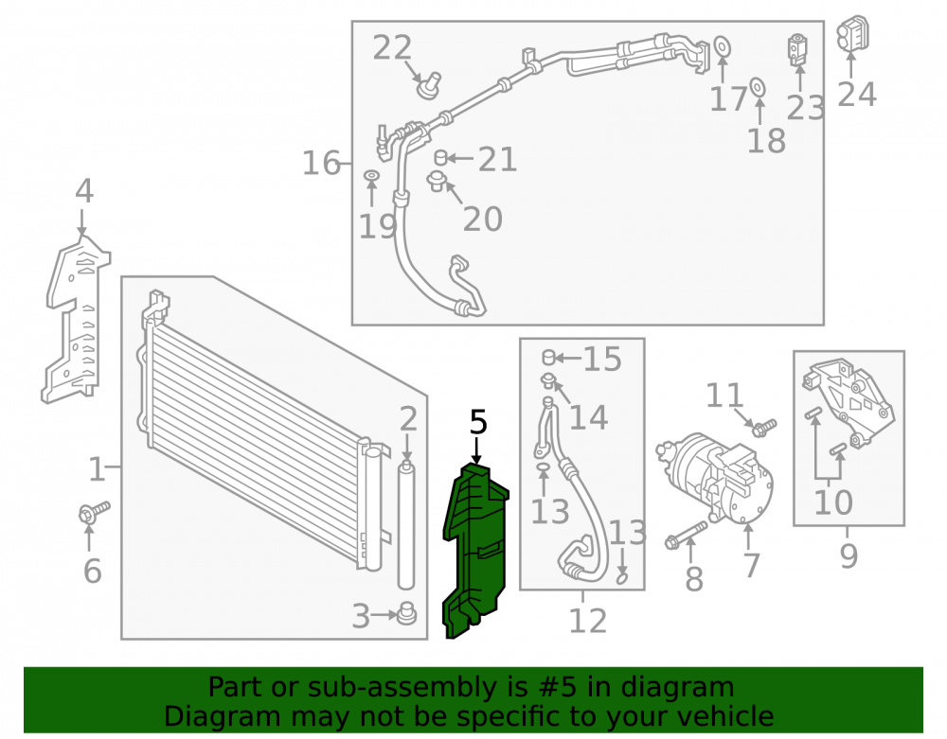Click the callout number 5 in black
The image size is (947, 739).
[x=477, y=422]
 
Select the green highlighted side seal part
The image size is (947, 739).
[x=475, y=550]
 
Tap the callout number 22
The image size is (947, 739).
[x=392, y=47]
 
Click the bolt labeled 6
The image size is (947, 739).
[x=94, y=512]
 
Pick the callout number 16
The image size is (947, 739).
[x=321, y=163]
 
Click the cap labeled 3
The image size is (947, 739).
[x=406, y=613]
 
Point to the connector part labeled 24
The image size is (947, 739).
[x=852, y=34]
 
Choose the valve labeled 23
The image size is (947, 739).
[x=797, y=49]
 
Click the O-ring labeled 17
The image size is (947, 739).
[x=722, y=46]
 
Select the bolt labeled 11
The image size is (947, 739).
[x=764, y=428]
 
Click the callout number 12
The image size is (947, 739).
[x=588, y=621]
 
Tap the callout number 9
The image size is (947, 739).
[x=849, y=555]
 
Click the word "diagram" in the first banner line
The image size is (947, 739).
[x=678, y=687]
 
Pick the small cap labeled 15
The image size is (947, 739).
[x=548, y=357]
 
